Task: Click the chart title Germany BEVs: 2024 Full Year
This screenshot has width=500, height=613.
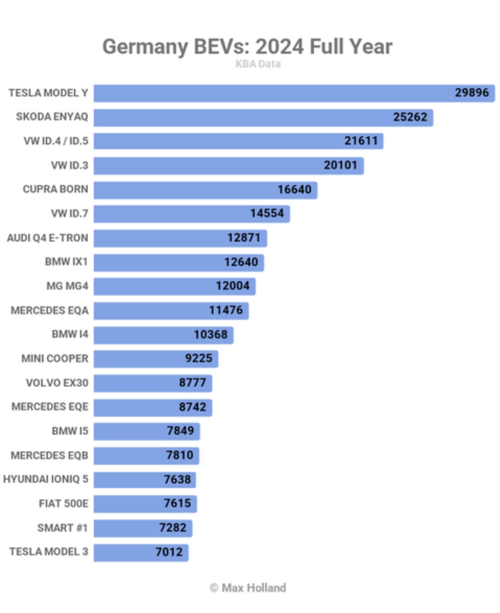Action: (x=247, y=47)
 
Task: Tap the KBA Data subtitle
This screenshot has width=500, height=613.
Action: (x=258, y=64)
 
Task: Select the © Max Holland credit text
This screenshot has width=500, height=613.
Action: (x=248, y=588)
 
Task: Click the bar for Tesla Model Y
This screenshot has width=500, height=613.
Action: (x=272, y=93)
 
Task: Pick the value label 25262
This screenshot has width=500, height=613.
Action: (x=410, y=117)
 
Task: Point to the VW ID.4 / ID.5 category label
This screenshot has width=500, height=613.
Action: (x=56, y=141)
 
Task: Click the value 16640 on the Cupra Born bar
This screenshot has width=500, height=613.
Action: (x=294, y=190)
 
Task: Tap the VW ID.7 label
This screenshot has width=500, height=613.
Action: (x=69, y=213)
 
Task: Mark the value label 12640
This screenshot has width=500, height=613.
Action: (x=241, y=262)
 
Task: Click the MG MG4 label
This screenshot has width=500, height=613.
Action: (x=67, y=286)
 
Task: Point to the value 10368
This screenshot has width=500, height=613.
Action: (x=210, y=334)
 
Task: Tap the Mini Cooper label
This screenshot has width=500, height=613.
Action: (x=55, y=358)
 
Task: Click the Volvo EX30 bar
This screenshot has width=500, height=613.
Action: (x=136, y=383)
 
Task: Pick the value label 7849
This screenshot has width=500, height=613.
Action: (x=180, y=431)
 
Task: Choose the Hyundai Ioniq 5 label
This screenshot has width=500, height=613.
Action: (x=45, y=479)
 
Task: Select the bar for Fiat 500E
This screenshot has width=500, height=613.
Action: (x=128, y=503)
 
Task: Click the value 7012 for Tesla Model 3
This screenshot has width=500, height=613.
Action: (x=169, y=552)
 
